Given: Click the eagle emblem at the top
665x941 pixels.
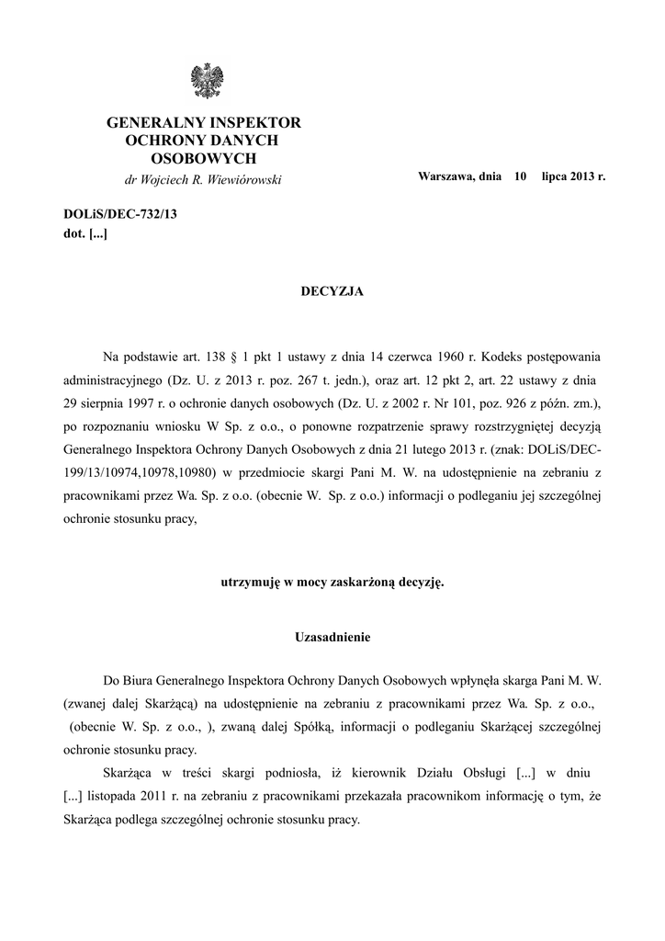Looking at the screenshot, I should pyautogui.click(x=204, y=81).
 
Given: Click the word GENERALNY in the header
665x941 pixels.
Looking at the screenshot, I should pyautogui.click(x=152, y=122).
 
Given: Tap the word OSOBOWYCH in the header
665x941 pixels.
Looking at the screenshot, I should pyautogui.click(x=204, y=158).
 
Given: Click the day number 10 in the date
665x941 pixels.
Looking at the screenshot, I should pyautogui.click(x=520, y=175).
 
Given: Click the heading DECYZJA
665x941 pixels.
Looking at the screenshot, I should pyautogui.click(x=332, y=291).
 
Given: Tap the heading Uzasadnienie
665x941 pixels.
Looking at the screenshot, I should pyautogui.click(x=332, y=636).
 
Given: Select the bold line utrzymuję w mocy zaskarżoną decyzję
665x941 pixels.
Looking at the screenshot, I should pyautogui.click(x=332, y=583).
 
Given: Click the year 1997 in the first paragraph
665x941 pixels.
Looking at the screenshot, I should pyautogui.click(x=136, y=402).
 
